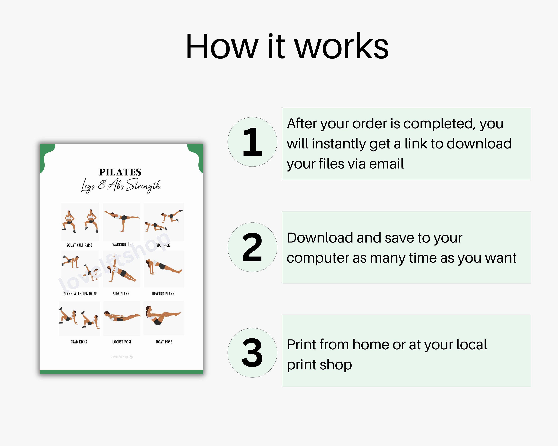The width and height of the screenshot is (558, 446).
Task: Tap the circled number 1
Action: [252, 142]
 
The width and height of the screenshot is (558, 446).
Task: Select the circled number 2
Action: [252, 247]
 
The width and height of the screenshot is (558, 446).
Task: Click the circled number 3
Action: [252, 353]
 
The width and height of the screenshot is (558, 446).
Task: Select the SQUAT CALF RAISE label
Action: [79, 245]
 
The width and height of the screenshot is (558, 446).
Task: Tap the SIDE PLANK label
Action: [121, 294]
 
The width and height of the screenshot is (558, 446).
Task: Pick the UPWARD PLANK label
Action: [163, 294]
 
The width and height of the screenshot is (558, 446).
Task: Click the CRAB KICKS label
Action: [79, 342]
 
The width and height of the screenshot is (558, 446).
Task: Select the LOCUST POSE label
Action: [122, 342]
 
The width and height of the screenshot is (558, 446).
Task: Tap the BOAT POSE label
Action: [164, 342]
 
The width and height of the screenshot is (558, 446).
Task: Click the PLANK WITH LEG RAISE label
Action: [80, 294]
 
